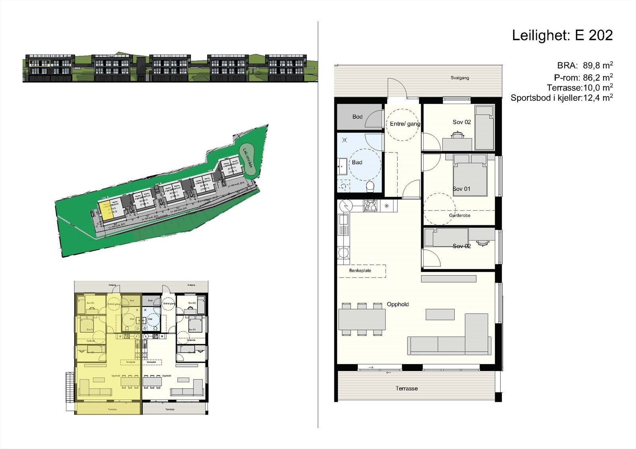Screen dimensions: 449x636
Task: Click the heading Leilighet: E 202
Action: pos(562,35)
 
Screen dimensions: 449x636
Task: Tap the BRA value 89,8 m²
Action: pos(598,66)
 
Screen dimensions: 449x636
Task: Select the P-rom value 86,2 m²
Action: pos(598,77)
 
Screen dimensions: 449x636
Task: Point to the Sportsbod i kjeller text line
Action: pos(561,98)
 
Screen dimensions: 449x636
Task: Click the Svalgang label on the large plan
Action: pos(460,78)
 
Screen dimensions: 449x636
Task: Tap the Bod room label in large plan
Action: pos(357,117)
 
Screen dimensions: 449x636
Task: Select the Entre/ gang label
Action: pos(405,124)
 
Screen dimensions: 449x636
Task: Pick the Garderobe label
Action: pos(460,216)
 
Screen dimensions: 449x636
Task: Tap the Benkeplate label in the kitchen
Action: pos(360,271)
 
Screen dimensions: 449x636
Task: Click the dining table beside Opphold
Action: pos(362,320)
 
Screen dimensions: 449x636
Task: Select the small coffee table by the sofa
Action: pos(440,314)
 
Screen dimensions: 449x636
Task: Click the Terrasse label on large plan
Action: pos(406,388)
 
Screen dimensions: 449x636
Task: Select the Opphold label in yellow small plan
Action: pos(116,376)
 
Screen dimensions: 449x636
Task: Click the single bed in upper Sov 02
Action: pos(485,128)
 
